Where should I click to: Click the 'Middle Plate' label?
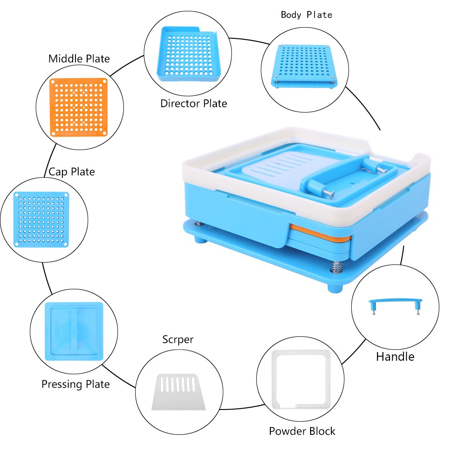(x=79, y=58)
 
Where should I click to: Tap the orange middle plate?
(x=80, y=107)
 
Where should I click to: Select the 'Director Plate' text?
(x=193, y=104)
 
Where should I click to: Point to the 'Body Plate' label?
(x=306, y=15)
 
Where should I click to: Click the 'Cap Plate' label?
(x=72, y=172)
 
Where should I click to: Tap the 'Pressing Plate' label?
(x=75, y=384)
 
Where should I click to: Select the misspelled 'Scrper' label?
(x=178, y=339)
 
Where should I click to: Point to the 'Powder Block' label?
(x=302, y=431)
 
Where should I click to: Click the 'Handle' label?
(x=395, y=357)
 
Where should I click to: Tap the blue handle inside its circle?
(x=395, y=303)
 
